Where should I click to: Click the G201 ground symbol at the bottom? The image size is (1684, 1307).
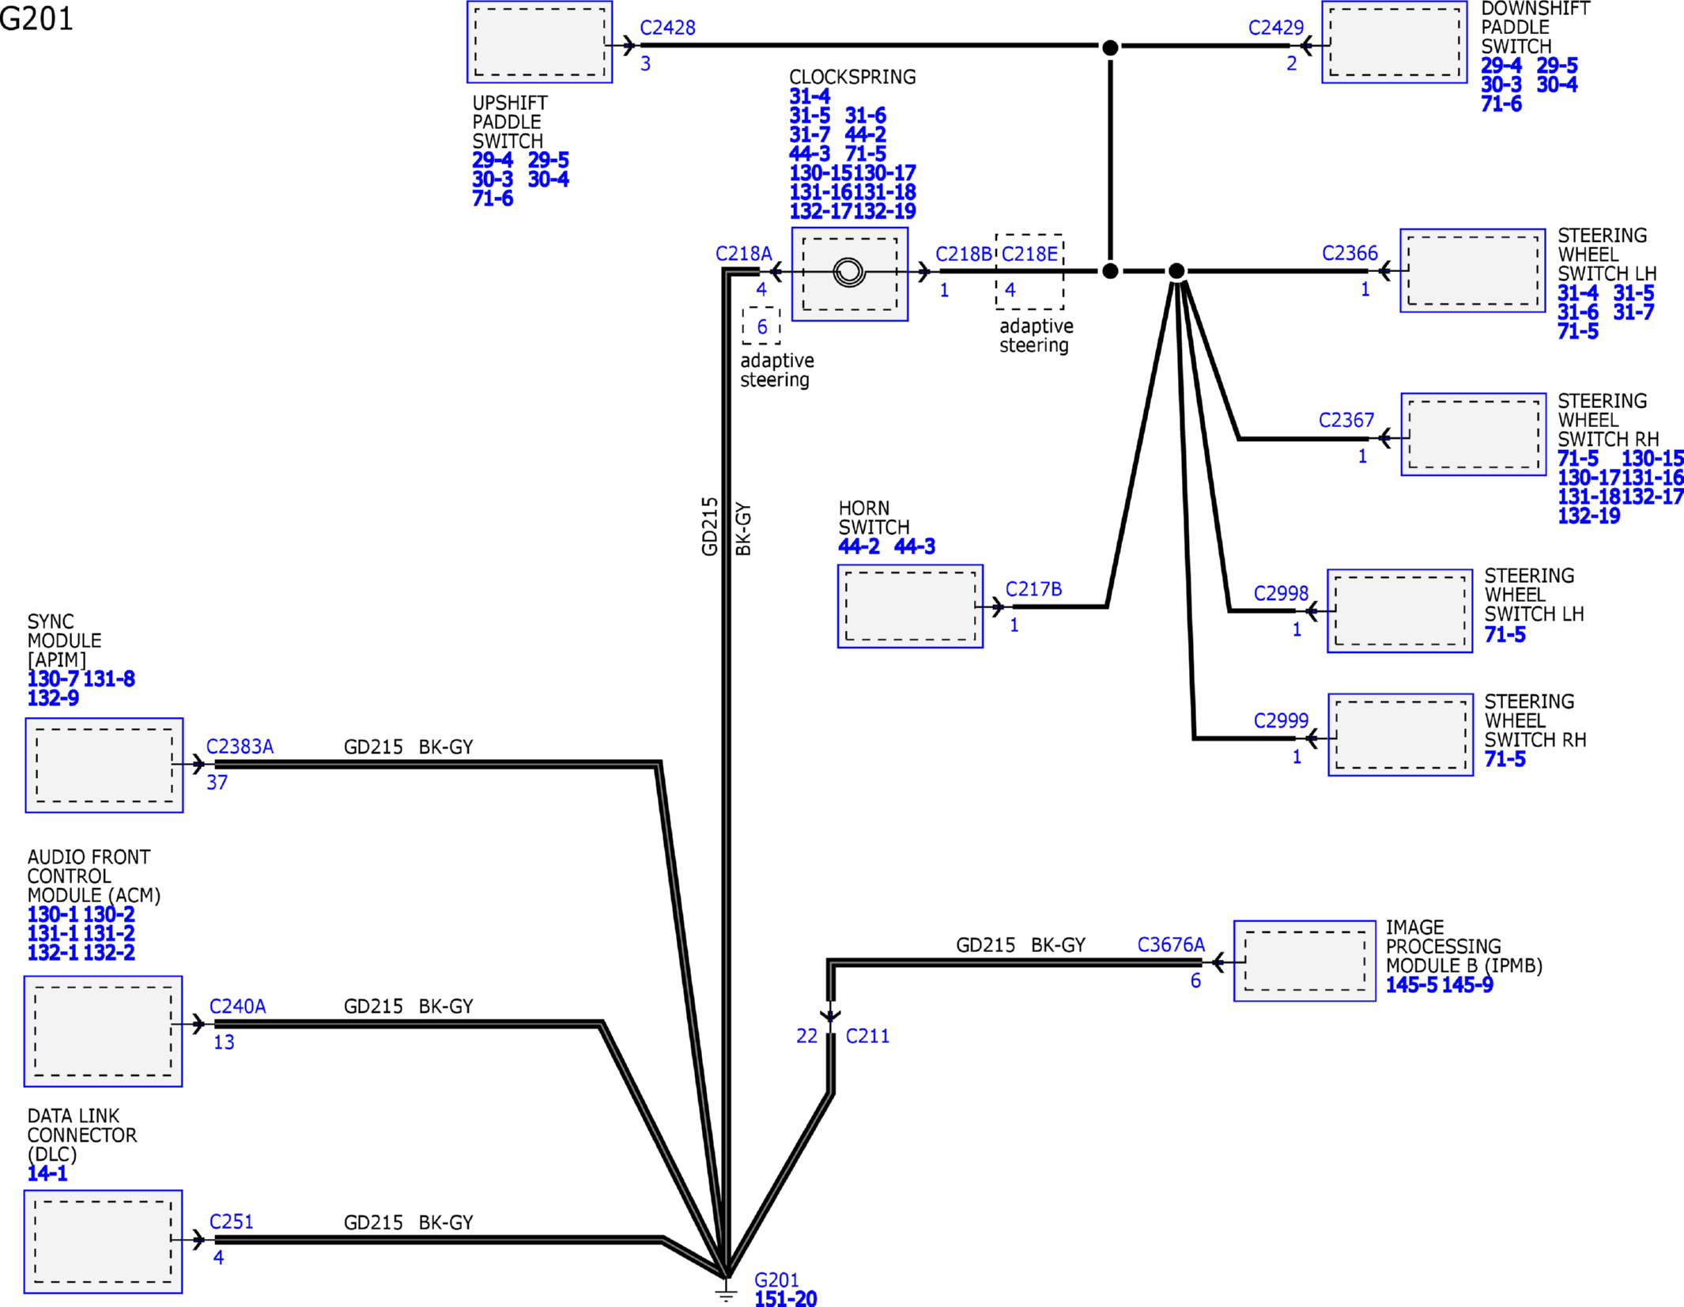click(726, 1291)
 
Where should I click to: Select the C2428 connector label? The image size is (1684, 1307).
click(667, 28)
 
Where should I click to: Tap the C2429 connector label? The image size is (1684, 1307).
click(1275, 28)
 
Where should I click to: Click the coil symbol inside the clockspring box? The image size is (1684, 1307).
click(849, 272)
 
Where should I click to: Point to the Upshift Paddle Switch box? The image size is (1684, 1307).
click(540, 42)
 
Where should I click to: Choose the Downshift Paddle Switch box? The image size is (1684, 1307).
click(1395, 42)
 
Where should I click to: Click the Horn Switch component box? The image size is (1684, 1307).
click(910, 606)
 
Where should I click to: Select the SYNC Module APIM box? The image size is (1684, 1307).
click(104, 765)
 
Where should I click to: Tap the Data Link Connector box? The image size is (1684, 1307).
click(104, 1241)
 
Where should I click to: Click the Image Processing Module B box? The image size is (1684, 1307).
click(1305, 961)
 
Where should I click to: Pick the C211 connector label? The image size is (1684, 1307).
click(867, 1036)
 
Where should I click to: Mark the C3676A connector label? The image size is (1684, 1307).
click(1171, 945)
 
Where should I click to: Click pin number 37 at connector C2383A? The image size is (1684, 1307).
click(217, 783)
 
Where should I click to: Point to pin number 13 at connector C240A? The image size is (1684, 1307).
click(224, 1042)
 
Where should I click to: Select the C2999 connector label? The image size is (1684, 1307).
click(1281, 720)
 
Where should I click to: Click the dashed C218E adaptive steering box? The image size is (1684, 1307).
click(1029, 271)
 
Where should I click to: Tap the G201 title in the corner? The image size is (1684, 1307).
click(36, 18)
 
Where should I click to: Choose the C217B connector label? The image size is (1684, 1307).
click(1033, 589)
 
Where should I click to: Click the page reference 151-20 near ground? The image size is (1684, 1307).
click(786, 1298)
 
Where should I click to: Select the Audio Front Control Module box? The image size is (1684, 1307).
click(104, 1031)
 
